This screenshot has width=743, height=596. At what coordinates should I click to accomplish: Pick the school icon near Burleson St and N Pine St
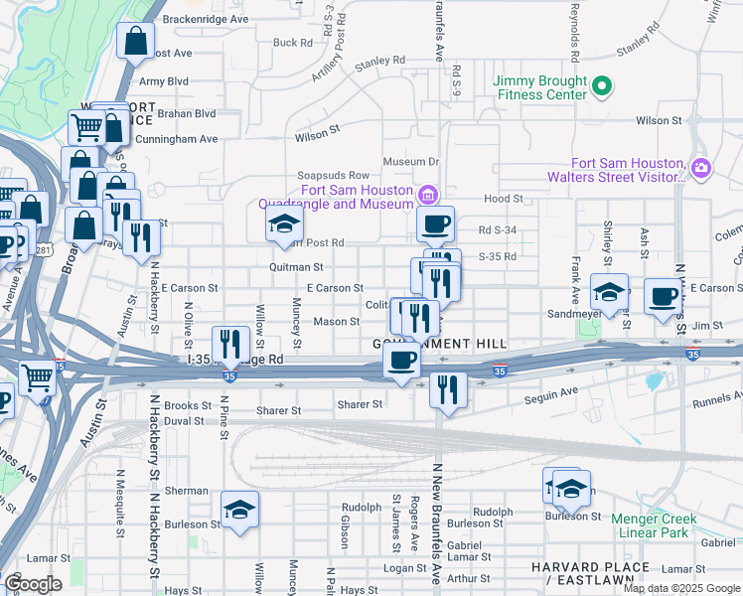[x=239, y=510]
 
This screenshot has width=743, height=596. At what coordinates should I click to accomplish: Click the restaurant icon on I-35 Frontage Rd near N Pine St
[x=230, y=344]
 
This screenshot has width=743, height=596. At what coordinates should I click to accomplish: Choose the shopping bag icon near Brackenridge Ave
[x=136, y=42]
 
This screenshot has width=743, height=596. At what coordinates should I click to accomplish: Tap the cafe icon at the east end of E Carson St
[x=663, y=295]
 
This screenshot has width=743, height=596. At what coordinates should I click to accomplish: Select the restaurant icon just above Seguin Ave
[x=449, y=388]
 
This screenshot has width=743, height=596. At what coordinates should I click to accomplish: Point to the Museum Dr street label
[x=410, y=161]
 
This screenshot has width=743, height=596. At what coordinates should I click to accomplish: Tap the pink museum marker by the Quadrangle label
[x=428, y=193]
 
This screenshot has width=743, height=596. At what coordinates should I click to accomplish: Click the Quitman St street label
[x=296, y=267]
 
